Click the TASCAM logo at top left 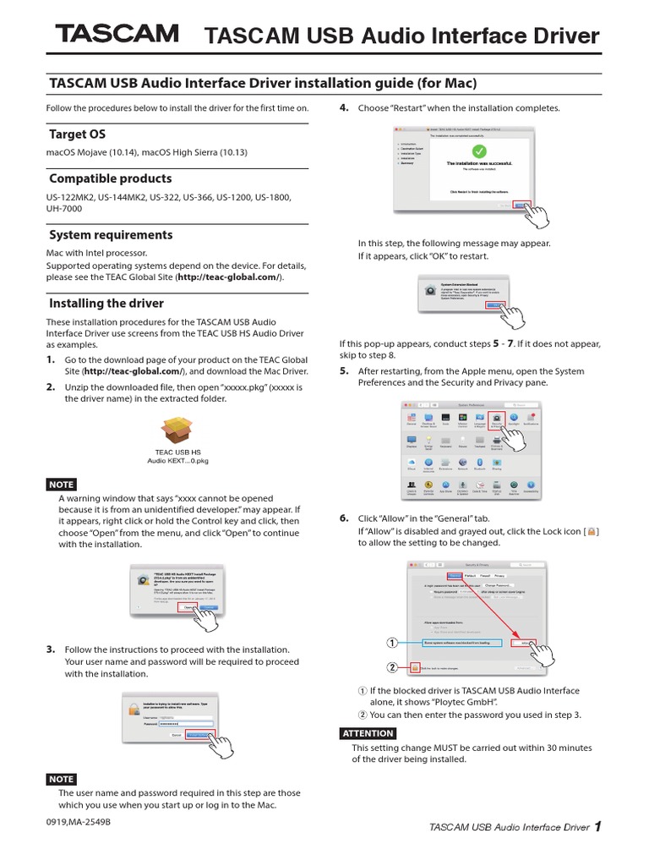[x=117, y=34]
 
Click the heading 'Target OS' [x=77, y=134]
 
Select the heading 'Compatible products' [x=110, y=179]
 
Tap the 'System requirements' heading [x=111, y=235]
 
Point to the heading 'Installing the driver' [x=106, y=304]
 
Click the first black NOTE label [x=61, y=485]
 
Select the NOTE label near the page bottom [x=61, y=779]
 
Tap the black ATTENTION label [x=367, y=732]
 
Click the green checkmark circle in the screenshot [x=478, y=151]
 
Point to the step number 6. [x=344, y=518]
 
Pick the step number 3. [x=50, y=649]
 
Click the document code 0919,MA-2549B [x=78, y=821]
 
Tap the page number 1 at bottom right [x=598, y=827]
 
